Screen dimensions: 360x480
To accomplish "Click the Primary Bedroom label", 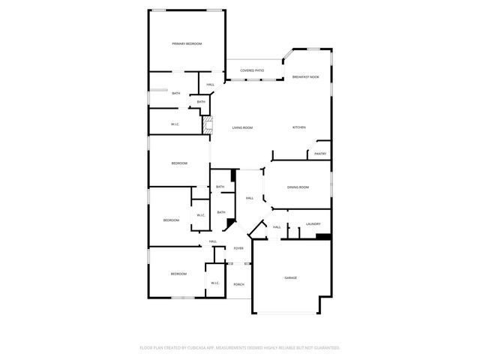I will pos(187,44).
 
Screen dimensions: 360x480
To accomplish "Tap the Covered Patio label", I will pos(252,70).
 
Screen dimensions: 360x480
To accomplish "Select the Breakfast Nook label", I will pos(305,77).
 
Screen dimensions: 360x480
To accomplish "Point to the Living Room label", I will pos(241,127).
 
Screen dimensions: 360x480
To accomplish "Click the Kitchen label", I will pos(298,127).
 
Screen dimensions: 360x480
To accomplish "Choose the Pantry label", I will pos(320,154).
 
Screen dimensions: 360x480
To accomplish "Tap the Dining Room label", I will pos(298,187).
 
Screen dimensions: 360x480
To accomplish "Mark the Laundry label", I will pos(313,223).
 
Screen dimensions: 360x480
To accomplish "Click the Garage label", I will pos(290,277).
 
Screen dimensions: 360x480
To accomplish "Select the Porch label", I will pos(238,284).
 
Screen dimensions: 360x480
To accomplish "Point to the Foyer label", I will pos(238,248).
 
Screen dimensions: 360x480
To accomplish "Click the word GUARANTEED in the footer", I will pos(324,348).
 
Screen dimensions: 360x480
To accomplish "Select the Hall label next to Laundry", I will pos(277,227).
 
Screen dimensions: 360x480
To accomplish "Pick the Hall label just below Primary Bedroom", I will pos(211,85).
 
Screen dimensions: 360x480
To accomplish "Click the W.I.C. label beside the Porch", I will pos(214,283).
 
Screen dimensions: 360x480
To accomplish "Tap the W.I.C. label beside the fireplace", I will pos(174,124).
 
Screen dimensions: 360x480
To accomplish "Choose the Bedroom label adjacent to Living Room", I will pos(178,163).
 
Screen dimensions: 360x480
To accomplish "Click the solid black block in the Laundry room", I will pos(324,238).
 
